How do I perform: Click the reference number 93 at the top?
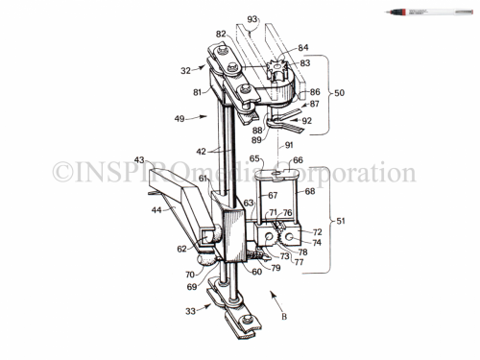253,19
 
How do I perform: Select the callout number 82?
221,35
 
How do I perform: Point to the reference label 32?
185,70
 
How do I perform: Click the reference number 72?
317,233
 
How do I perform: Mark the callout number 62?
180,248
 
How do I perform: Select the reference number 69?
191,287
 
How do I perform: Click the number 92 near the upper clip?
306,121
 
